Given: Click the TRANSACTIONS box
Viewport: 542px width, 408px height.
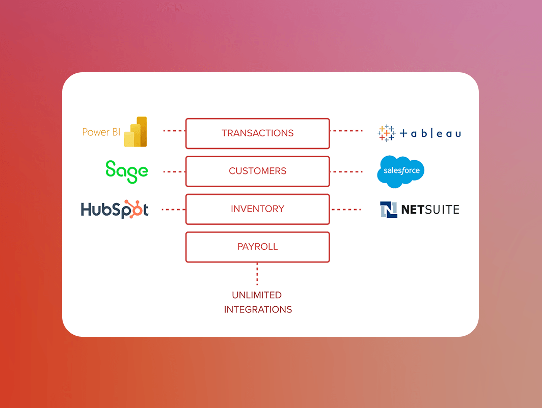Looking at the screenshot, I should (x=257, y=133).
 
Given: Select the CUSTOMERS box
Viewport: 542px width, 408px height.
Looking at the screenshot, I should (x=257, y=171).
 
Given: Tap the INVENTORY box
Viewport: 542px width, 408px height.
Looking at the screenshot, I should (x=257, y=209).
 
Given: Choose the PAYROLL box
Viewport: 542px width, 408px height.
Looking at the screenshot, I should (x=257, y=247).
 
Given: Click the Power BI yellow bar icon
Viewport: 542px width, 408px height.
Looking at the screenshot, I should (x=135, y=132).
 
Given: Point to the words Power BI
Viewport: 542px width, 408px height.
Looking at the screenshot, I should (x=101, y=132).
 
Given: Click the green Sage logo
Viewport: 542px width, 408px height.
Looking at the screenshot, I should (x=127, y=171).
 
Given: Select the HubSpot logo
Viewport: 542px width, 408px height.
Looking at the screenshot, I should (x=115, y=210).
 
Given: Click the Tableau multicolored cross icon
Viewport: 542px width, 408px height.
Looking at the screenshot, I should (x=386, y=133).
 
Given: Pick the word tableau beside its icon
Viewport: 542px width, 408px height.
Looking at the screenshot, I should (x=430, y=134).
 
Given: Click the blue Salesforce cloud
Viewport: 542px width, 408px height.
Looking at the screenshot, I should (x=401, y=171).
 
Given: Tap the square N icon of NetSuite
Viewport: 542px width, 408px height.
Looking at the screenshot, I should (x=389, y=210).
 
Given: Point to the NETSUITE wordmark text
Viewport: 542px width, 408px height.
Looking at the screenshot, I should (x=430, y=210).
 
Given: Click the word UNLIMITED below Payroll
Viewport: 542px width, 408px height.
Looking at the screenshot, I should (x=257, y=295).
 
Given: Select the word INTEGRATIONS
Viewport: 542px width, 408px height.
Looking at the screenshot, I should (x=258, y=309).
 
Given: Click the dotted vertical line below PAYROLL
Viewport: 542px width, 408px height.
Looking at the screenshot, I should (x=257, y=274).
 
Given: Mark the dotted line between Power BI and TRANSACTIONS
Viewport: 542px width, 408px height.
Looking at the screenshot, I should (x=174, y=131).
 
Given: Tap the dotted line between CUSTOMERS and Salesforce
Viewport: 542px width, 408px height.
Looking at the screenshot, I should (x=346, y=172).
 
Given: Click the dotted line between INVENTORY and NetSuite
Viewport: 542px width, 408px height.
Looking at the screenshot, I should (x=346, y=210).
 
